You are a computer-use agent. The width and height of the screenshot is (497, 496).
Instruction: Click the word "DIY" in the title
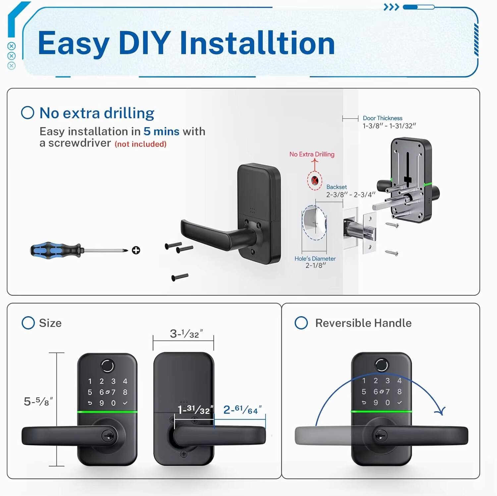(144, 43)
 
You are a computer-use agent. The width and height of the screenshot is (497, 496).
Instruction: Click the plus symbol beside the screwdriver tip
(136, 250)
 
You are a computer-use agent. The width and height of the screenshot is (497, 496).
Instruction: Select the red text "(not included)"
(140, 144)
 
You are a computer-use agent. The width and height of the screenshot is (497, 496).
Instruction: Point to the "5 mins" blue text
(161, 131)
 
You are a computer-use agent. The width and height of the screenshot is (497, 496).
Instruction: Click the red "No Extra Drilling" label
(312, 154)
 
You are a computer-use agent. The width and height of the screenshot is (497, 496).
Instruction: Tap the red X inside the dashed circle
(314, 181)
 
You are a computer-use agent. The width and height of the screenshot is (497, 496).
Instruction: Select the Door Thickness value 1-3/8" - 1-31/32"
(389, 126)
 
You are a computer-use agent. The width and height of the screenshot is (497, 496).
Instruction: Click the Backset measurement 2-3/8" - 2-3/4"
(351, 195)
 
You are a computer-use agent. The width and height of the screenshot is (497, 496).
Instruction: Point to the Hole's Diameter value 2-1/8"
(315, 265)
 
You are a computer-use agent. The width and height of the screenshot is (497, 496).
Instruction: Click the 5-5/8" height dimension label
(38, 402)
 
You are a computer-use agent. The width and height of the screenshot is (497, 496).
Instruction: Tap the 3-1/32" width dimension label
(186, 334)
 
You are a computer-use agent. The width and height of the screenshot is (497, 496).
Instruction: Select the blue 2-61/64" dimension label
(242, 410)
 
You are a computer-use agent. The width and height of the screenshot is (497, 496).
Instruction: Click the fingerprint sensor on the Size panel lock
(107, 366)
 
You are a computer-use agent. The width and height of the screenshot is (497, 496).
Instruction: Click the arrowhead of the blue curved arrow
(440, 411)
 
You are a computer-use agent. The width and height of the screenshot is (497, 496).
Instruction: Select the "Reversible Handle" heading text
(363, 323)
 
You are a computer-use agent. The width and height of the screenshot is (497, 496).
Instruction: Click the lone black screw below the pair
(180, 277)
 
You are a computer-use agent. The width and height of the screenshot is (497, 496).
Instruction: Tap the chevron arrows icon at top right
(391, 7)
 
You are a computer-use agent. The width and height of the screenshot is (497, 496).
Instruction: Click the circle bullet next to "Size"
(28, 323)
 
